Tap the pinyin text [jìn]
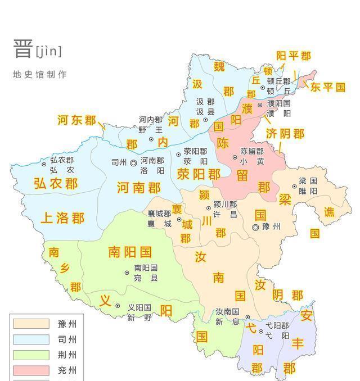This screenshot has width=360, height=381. [49, 52]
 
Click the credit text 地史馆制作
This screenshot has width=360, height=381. [39, 74]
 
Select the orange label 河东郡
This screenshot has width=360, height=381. [76, 120]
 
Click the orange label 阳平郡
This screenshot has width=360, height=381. [293, 56]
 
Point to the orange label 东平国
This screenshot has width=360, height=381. [327, 87]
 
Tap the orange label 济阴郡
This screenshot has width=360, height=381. [285, 133]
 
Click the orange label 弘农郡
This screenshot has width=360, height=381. [56, 183]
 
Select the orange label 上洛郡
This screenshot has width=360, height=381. [62, 218]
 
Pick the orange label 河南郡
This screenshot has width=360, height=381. [138, 188]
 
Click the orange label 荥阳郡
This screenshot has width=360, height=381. [199, 174]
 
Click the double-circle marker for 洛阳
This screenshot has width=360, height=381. [133, 162]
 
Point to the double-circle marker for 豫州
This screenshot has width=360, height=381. [256, 227]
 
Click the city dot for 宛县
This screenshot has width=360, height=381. [127, 273]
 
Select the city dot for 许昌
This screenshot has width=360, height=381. [208, 208]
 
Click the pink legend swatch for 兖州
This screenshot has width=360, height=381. [31, 371]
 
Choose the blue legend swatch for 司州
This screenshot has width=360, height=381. [31, 339]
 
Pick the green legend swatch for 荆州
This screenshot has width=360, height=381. [31, 355]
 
